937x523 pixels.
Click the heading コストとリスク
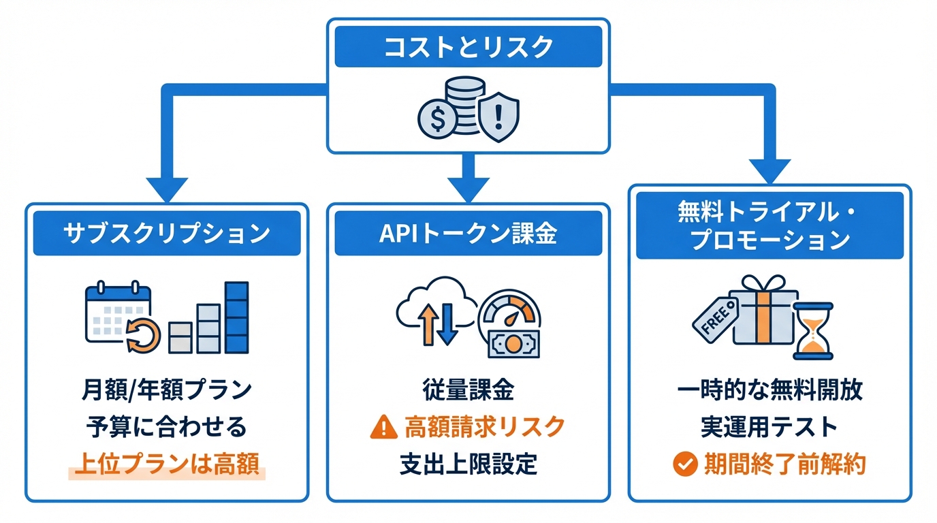(x=468, y=47)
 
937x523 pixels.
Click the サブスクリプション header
(x=167, y=233)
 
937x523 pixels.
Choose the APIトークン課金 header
(x=468, y=233)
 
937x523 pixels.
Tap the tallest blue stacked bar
(x=236, y=317)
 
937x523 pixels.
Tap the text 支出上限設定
(x=468, y=464)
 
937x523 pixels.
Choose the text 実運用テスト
(x=769, y=428)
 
